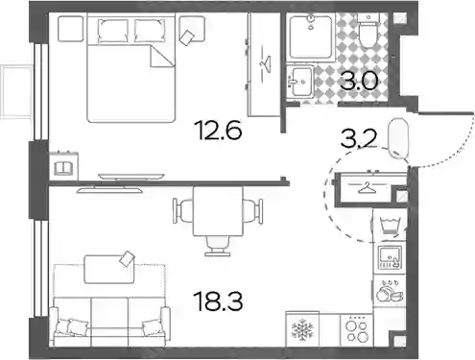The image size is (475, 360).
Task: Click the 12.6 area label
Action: [x=219, y=131]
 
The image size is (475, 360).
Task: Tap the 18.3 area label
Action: [x=219, y=301]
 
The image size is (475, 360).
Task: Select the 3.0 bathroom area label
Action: [x=359, y=82]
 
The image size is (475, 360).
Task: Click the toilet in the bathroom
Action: [x=368, y=31]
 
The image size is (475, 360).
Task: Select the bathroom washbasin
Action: [x=300, y=82]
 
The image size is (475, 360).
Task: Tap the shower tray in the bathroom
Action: [x=311, y=37]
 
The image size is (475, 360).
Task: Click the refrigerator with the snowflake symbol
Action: [x=302, y=329]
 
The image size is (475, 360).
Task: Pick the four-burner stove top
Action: [x=357, y=330]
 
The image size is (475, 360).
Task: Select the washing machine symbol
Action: [x=390, y=227]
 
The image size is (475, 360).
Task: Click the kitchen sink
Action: [x=390, y=257]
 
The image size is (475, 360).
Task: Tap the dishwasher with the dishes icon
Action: [x=390, y=291]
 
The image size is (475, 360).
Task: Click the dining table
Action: [x=218, y=211]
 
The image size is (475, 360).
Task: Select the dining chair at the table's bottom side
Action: [x=218, y=246]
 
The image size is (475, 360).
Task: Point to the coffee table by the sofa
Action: [x=109, y=269]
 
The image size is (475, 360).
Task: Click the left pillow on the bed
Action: [x=113, y=31]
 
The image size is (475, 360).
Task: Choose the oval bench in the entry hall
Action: [x=398, y=138]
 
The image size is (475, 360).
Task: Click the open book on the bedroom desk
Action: [x=64, y=168]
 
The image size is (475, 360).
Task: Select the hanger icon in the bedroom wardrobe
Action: [x=266, y=63]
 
